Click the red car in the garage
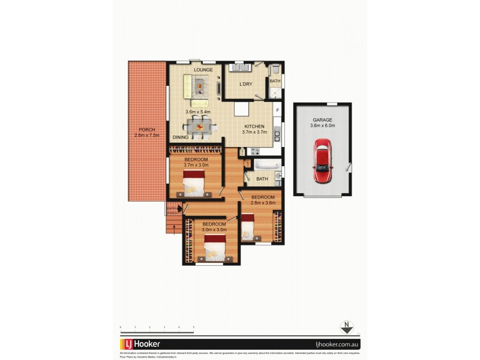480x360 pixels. tap(323, 162)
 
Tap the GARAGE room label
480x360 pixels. tap(323, 119)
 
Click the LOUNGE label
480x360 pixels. tap(203, 70)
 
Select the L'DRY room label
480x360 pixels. tap(246, 84)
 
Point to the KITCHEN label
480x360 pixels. tap(254, 127)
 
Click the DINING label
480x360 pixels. tap(181, 137)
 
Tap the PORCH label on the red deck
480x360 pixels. tap(147, 130)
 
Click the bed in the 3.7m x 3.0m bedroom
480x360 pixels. tap(194, 183)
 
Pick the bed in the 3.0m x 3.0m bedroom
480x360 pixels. tap(214, 247)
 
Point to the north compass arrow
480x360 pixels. tap(346, 328)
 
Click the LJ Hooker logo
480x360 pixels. tap(143, 344)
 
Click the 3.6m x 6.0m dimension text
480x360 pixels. tap(323, 125)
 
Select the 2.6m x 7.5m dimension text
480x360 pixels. tap(147, 136)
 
